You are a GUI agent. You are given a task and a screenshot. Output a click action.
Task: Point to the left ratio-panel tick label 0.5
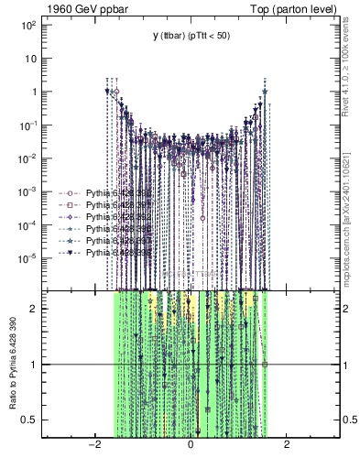click(30, 420)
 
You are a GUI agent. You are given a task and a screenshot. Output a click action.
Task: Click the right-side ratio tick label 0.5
click(350, 420)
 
